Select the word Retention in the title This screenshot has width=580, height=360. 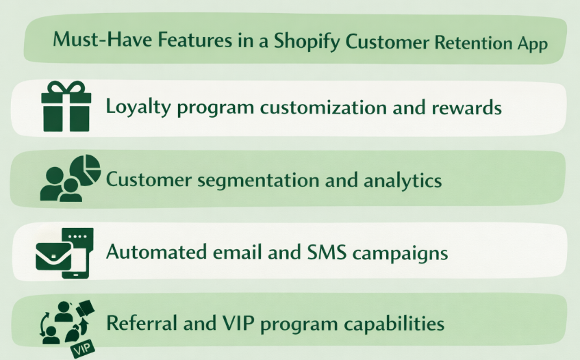tap(470, 42)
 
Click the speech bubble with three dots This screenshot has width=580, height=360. tap(77, 236)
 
